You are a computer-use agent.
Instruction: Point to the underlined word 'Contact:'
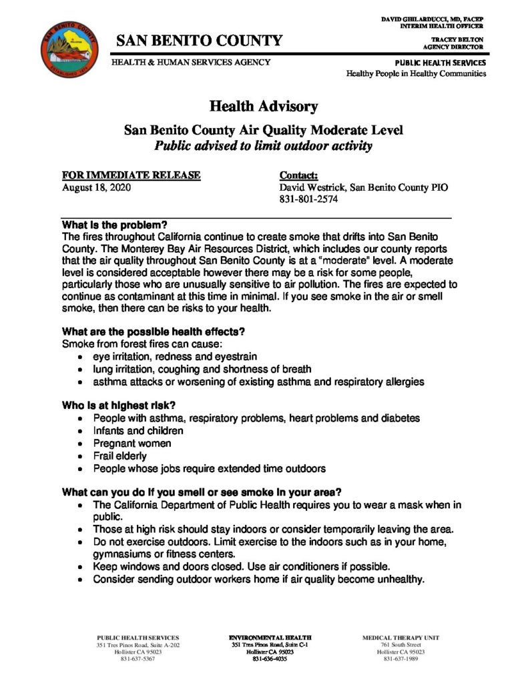coord(302,175)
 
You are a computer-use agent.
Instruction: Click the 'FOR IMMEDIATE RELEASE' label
coord(131,175)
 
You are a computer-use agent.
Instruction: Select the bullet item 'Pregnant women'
coord(132,444)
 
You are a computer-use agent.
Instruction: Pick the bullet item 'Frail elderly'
coord(120,456)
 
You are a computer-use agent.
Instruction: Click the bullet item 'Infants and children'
coord(138,431)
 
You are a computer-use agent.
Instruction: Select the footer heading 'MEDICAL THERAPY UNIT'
coord(401,638)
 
